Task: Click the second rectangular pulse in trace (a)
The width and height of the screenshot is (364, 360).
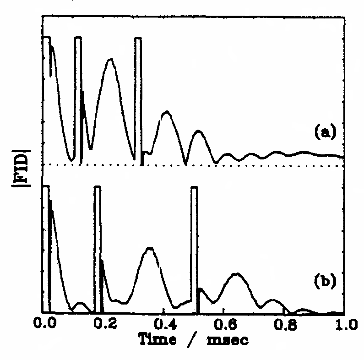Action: pos(78,98)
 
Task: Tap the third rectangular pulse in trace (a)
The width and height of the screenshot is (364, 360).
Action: pos(138,98)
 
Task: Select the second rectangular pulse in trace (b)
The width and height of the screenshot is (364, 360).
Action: pos(97,249)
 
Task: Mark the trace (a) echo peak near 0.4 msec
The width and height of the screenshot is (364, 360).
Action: pos(167,112)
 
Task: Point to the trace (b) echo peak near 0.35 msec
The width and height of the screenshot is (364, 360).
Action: pos(150,249)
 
